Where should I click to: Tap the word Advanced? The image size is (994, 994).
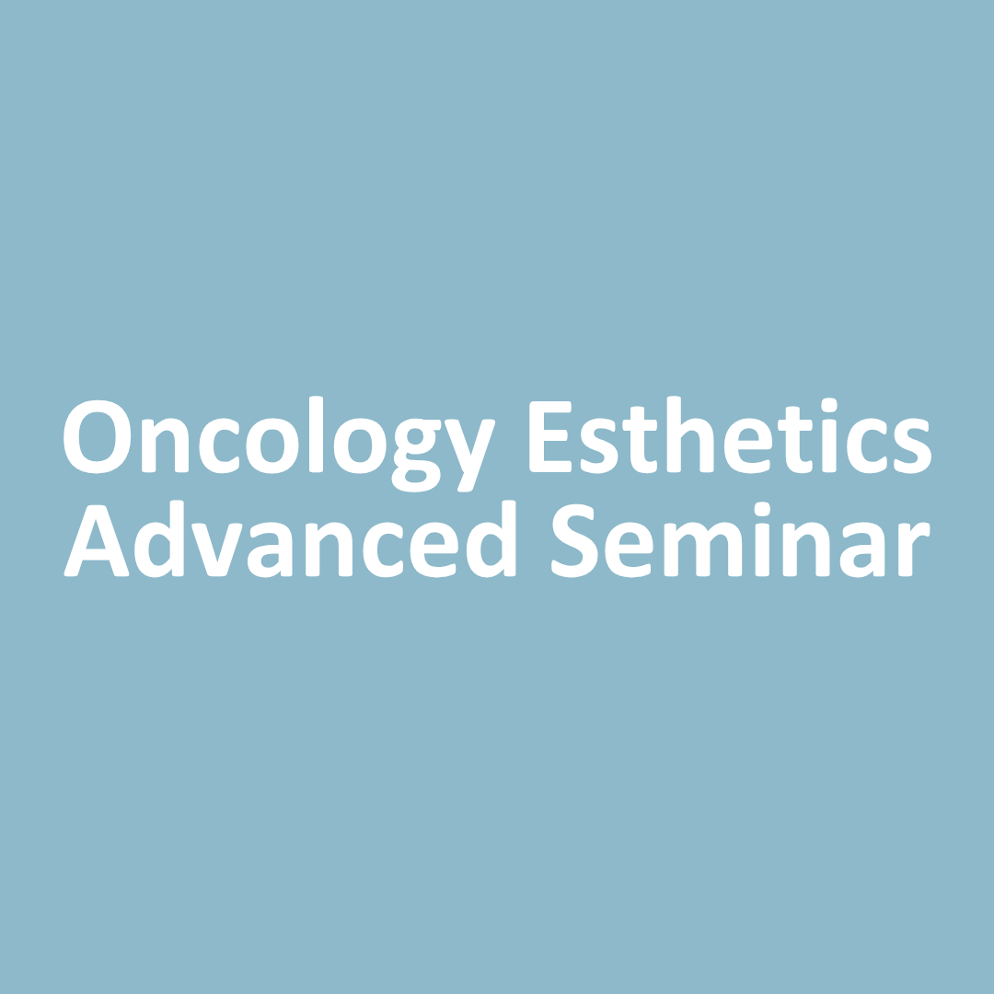point(290,538)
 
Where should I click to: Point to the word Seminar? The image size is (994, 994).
point(741,539)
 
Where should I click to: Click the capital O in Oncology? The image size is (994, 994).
point(97,437)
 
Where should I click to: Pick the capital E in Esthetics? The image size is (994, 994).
point(550,437)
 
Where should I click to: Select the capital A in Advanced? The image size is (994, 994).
point(97,541)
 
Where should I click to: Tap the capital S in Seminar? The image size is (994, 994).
point(575,541)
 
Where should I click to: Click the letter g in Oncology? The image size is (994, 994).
point(417,456)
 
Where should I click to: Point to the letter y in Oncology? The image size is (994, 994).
point(469,456)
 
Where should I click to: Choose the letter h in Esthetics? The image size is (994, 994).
point(690,434)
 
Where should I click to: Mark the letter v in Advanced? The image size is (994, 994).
point(217,549)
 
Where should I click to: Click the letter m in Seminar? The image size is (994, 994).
point(703,549)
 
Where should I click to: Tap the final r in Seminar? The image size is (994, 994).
point(914,549)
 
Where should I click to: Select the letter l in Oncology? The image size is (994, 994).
point(317,434)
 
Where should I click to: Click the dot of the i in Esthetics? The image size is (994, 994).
point(829,404)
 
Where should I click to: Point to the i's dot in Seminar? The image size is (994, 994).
point(762,508)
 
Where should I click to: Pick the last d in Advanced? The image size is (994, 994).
point(491,538)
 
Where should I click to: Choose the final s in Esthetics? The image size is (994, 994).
point(912,445)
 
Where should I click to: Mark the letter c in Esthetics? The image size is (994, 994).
point(867,445)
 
